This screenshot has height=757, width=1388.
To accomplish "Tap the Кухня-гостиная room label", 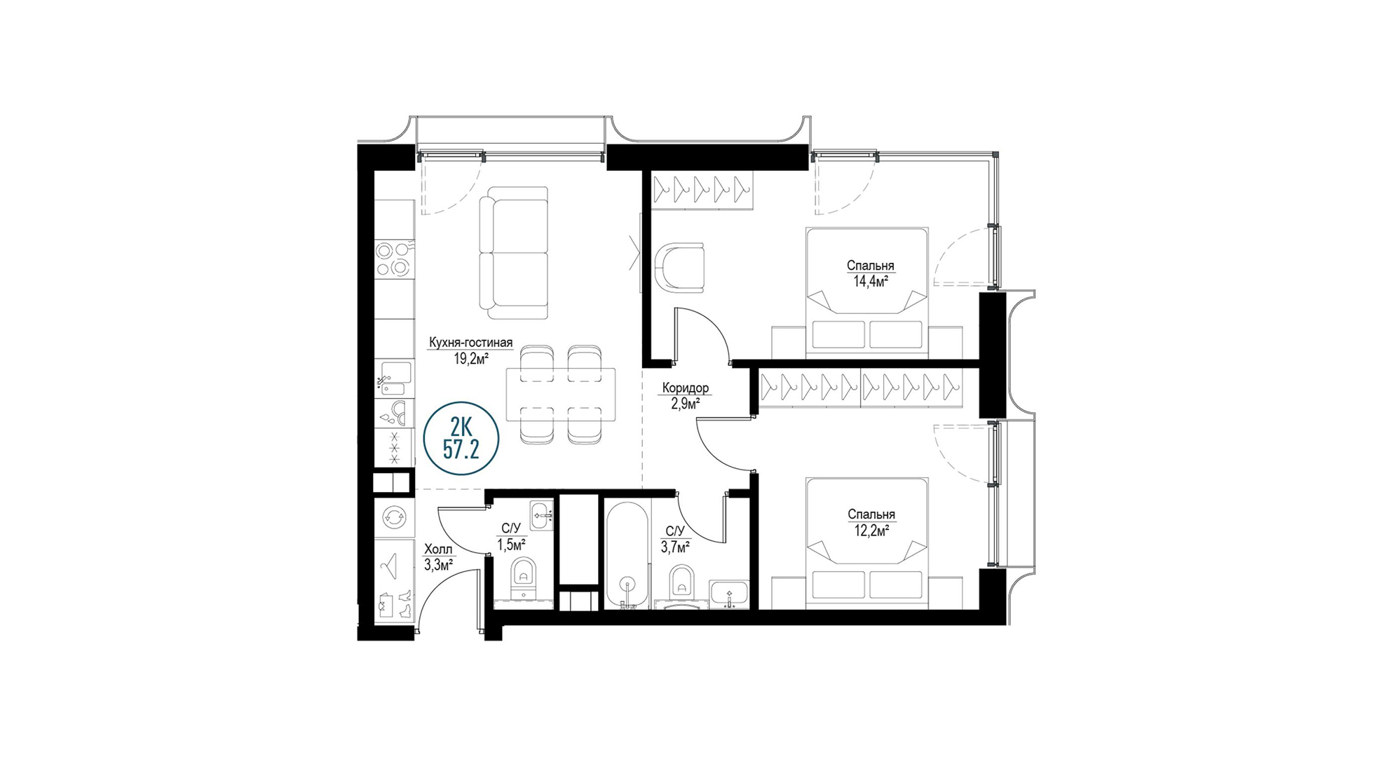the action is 470,343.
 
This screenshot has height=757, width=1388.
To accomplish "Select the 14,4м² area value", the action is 871,282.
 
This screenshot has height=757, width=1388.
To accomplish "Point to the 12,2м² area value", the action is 871,531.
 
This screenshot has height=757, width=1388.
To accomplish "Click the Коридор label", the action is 685,388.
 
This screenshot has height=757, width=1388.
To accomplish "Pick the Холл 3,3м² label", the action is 438,557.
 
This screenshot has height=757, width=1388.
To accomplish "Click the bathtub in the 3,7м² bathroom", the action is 628,554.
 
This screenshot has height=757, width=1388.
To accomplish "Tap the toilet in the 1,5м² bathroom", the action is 522,578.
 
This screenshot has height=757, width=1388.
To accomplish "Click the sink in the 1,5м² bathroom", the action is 542,515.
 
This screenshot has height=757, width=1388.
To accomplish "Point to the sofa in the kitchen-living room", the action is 513,252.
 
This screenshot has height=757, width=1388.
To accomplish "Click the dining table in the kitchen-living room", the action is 561,395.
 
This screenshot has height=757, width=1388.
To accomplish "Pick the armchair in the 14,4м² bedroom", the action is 681,266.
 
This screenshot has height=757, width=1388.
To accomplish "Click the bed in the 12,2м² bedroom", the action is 867,543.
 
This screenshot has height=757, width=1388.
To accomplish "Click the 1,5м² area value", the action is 512,544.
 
